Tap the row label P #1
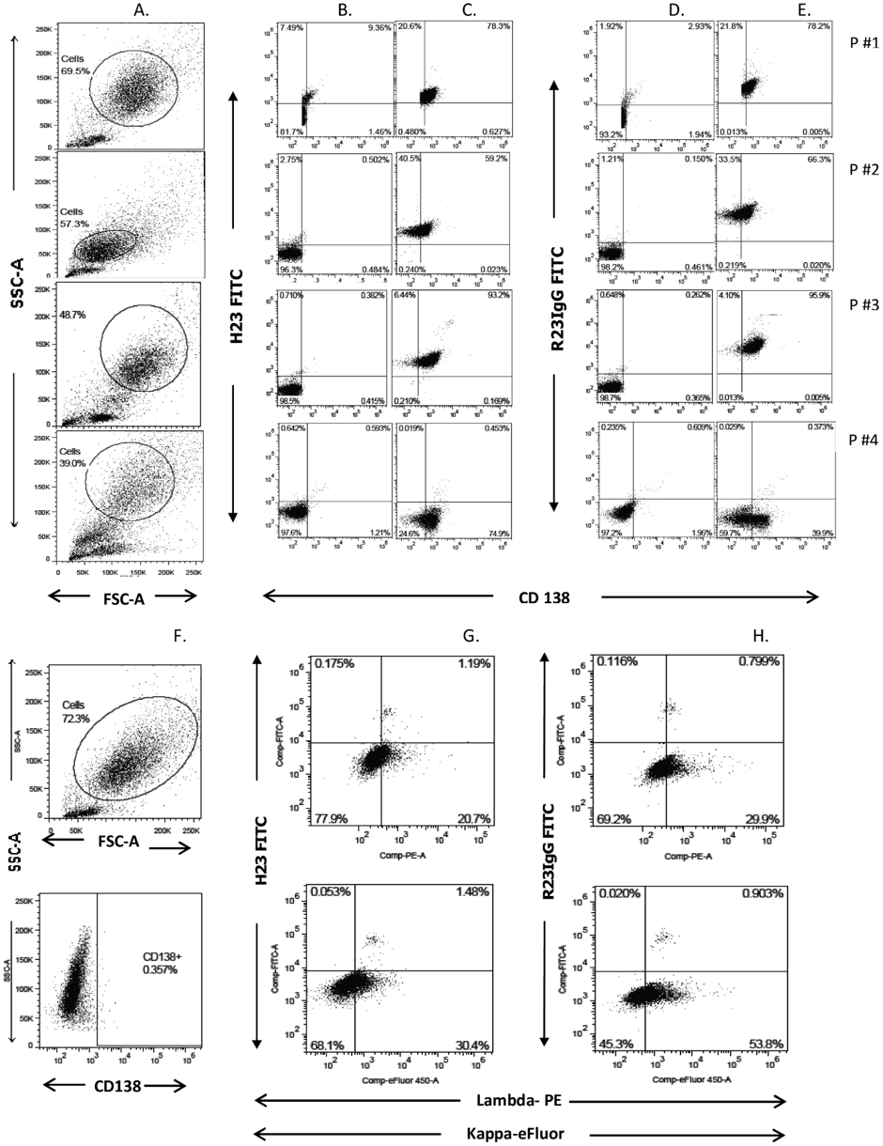(853, 44)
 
